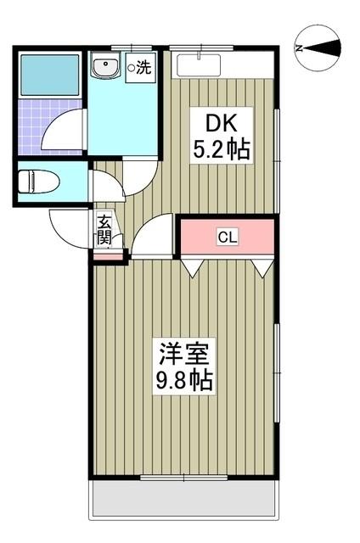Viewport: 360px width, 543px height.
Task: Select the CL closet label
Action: (x=227, y=238)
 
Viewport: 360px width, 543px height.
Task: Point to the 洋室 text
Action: (x=183, y=351)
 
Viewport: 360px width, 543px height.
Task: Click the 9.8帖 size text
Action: (x=183, y=379)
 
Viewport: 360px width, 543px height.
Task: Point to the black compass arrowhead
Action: (x=326, y=48)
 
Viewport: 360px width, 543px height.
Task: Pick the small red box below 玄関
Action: (x=107, y=255)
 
